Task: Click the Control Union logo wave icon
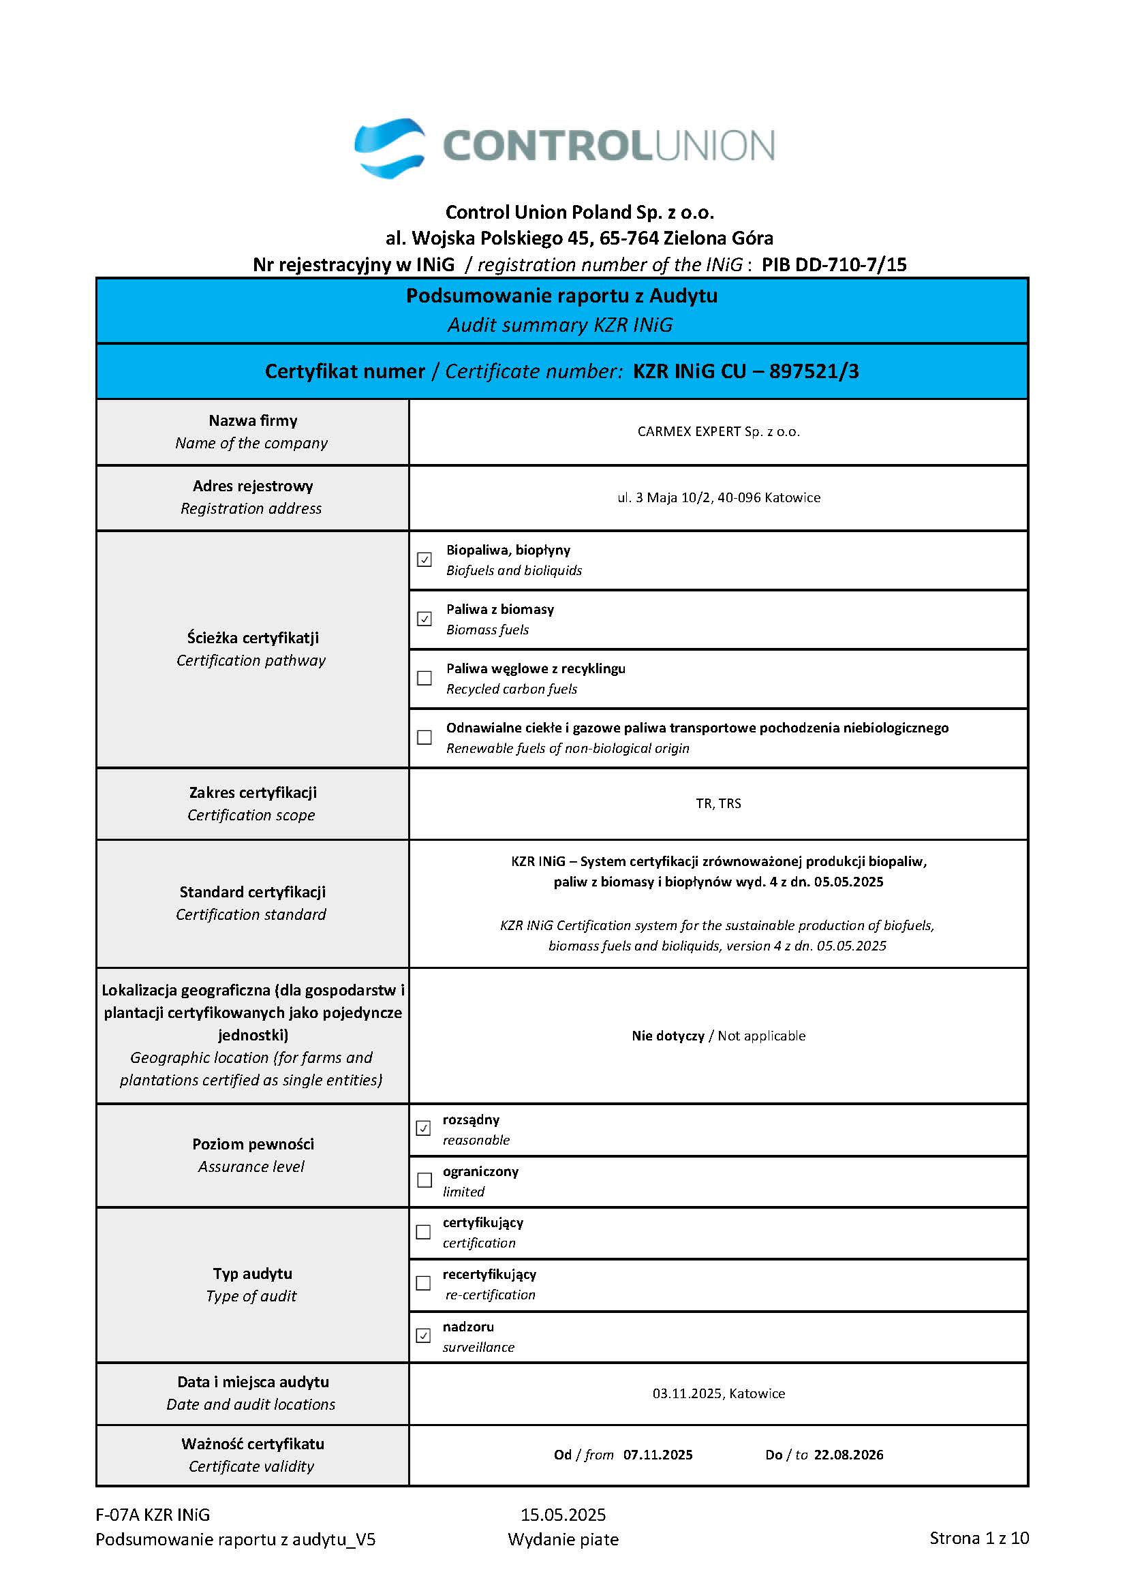(x=389, y=148)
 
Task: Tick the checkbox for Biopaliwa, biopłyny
(x=424, y=559)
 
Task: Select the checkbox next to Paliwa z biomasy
(x=424, y=618)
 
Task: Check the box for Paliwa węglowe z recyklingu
(x=424, y=678)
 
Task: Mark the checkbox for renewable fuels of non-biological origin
(x=424, y=737)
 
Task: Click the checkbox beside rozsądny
(x=423, y=1128)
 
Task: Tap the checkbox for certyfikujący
(x=423, y=1231)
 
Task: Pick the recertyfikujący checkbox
(x=423, y=1283)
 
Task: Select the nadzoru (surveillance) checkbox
(x=423, y=1335)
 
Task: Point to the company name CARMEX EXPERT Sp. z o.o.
(x=718, y=431)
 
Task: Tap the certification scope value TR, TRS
(x=718, y=803)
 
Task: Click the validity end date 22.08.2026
(x=849, y=1455)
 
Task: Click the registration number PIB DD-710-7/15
(x=834, y=264)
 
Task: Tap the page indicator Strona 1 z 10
(x=979, y=1538)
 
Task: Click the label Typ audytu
(x=253, y=1273)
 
